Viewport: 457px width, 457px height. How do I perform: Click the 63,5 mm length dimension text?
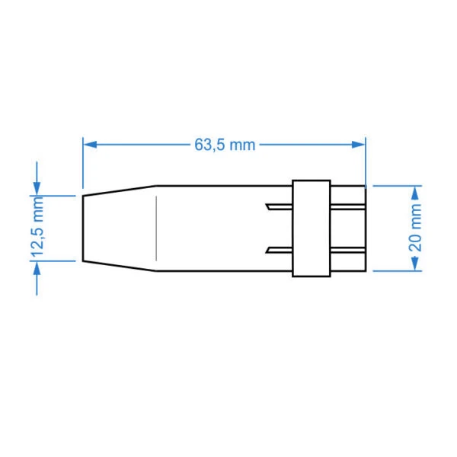click(x=225, y=145)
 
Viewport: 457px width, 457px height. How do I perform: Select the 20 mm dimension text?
click(x=415, y=228)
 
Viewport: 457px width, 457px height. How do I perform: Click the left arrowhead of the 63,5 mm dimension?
click(x=90, y=144)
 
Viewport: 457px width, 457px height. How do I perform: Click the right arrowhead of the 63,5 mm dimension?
click(x=359, y=144)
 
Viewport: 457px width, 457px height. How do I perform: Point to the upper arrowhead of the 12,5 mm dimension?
click(x=37, y=188)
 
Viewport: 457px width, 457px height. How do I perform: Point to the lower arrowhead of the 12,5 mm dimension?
click(x=37, y=268)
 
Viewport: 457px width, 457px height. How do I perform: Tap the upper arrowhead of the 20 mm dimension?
click(x=415, y=193)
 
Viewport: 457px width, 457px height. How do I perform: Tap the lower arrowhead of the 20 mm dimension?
click(x=415, y=264)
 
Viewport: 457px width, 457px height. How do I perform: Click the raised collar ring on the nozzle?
click(x=312, y=228)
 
